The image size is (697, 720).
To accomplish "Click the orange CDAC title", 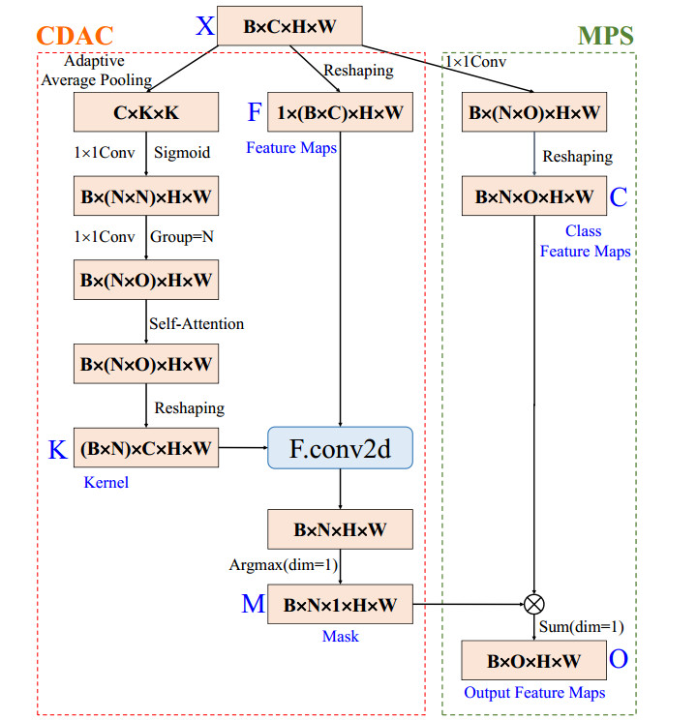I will click(75, 37).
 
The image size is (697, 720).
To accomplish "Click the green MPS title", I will click(605, 37).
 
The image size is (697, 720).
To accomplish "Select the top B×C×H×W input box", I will click(289, 26).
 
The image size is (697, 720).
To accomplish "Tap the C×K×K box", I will click(146, 113).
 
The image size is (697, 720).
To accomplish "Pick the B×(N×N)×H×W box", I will click(146, 197).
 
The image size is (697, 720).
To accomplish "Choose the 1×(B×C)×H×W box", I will click(340, 113).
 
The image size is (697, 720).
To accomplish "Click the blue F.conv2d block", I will click(340, 448).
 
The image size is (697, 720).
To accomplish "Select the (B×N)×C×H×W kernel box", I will click(146, 448).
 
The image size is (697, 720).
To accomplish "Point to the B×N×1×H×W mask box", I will click(340, 605).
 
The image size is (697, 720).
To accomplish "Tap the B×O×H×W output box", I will click(533, 661).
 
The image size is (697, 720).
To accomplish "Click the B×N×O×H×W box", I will click(533, 196).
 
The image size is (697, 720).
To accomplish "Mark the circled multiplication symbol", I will click(533, 605).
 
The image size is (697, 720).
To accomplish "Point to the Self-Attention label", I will click(196, 323).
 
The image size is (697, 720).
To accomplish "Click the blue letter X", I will click(204, 26).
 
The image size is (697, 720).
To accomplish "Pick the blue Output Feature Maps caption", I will click(534, 692).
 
